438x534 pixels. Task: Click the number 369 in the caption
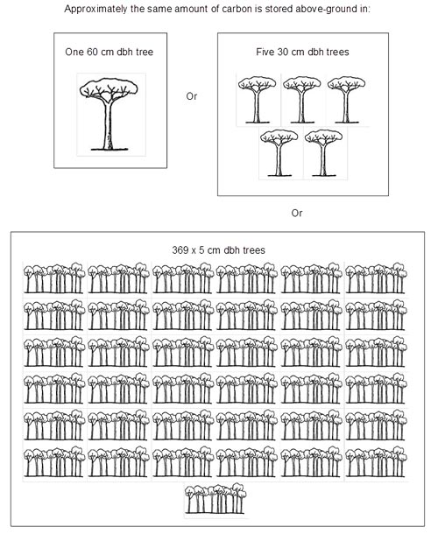click(179, 250)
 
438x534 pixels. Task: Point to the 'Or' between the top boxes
click(192, 96)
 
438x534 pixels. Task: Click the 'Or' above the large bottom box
click(297, 214)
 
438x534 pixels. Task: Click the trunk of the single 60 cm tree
click(108, 124)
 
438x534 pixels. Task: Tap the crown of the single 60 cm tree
click(109, 88)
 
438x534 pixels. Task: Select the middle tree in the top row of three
click(301, 100)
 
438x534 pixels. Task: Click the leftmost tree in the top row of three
click(257, 100)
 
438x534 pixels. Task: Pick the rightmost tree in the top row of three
click(346, 100)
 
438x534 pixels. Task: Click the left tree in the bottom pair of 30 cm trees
click(279, 153)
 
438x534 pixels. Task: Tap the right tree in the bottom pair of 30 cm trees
click(324, 153)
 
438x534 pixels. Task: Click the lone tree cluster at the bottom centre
click(215, 498)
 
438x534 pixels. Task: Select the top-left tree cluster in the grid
click(54, 278)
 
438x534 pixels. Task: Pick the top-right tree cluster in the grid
click(376, 278)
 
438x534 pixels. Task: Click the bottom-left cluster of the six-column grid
click(54, 462)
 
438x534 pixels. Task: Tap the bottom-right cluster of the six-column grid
click(376, 462)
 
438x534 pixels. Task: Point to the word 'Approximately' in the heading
click(95, 9)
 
